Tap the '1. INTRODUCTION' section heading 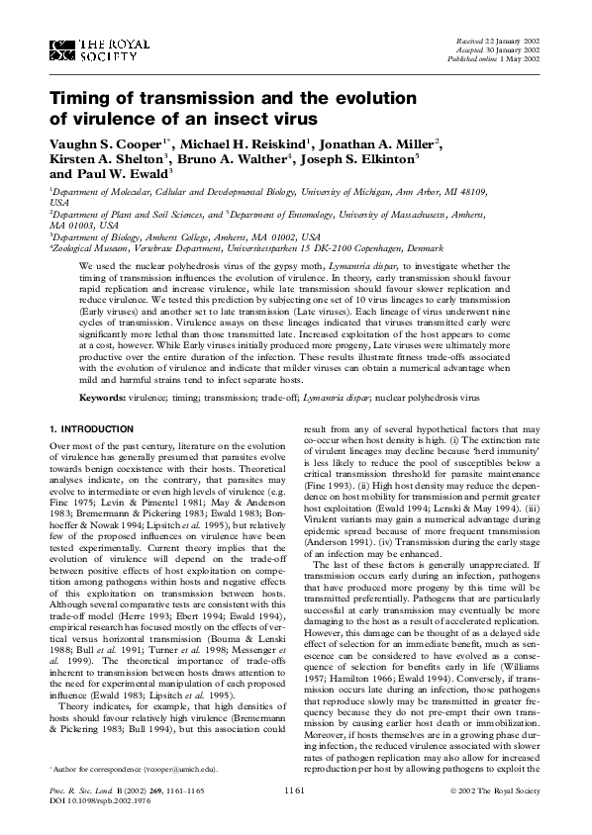point(91,427)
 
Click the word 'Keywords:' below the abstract point(103,396)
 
